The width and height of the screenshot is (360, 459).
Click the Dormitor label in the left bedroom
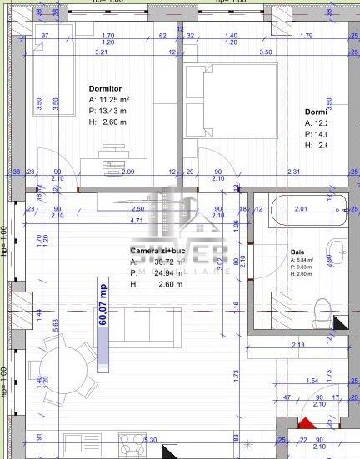pyautogui.click(x=106, y=87)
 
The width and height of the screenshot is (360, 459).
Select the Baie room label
pyautogui.click(x=297, y=252)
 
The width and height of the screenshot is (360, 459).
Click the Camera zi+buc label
pyautogui.click(x=157, y=251)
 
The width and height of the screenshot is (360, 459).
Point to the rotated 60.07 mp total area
pyautogui.click(x=104, y=306)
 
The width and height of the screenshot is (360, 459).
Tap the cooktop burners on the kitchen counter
pyautogui.click(x=132, y=441)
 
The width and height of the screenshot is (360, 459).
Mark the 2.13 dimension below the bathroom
pyautogui.click(x=298, y=346)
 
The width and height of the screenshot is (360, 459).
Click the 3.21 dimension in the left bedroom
pyautogui.click(x=101, y=52)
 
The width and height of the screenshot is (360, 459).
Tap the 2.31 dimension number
pyautogui.click(x=293, y=172)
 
